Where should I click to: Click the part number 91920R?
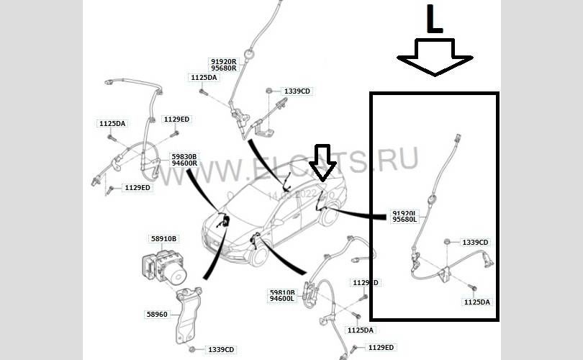click(224, 62)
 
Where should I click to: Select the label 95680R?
click(224, 69)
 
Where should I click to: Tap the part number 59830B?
click(184, 156)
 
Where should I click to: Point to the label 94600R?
click(184, 163)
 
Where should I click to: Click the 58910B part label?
click(163, 238)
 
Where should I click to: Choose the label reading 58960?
click(158, 314)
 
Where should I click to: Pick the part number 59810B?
click(282, 292)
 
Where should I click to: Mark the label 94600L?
click(282, 299)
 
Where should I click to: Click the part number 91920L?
click(405, 213)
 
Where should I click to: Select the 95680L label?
click(405, 220)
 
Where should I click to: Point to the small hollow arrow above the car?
click(322, 162)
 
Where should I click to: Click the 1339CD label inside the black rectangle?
click(475, 243)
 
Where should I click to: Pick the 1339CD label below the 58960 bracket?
click(221, 350)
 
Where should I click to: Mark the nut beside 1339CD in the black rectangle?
click(448, 241)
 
